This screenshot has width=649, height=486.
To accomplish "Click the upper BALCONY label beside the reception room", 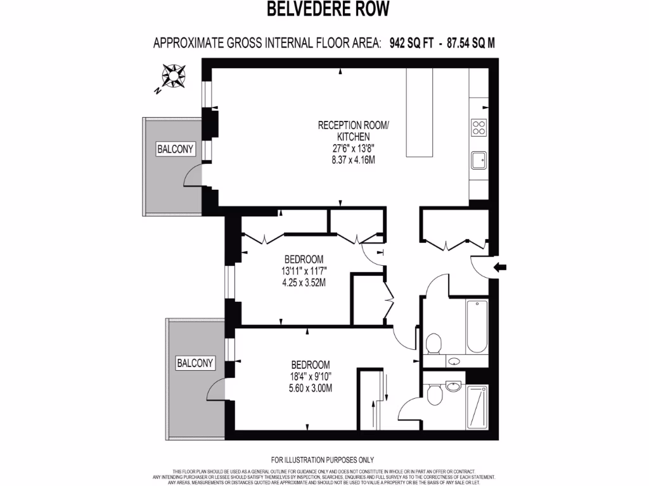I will [176, 149].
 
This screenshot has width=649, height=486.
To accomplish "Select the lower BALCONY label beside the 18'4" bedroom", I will [196, 363].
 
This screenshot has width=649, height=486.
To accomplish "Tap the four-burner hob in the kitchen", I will [479, 128].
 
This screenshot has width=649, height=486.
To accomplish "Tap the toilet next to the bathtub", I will [434, 344].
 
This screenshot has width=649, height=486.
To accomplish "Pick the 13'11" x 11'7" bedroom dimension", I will [304, 271].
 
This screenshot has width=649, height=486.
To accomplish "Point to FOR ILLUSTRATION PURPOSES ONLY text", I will [323, 460].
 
